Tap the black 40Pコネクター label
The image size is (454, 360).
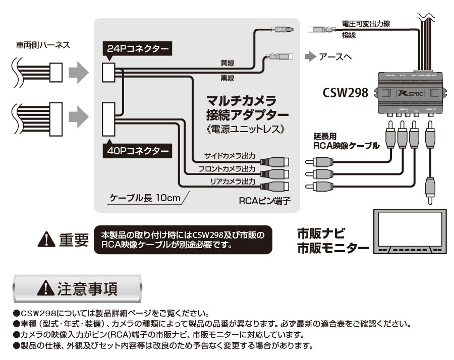tap(136, 150)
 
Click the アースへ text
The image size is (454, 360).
tap(335, 56)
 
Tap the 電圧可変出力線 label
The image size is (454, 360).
tap(365, 23)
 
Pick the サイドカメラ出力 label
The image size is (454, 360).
tap(230, 155)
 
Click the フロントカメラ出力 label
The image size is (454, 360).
tap(226, 168)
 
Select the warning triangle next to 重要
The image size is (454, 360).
tap(46, 240)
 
